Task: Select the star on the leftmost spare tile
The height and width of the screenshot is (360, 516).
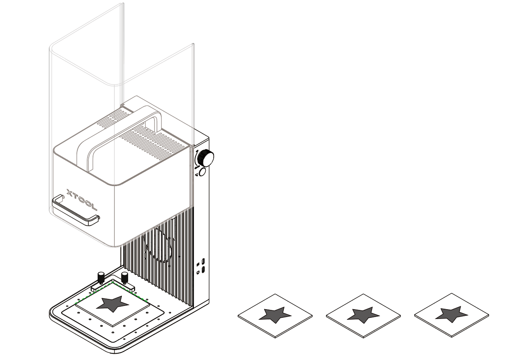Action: point(276,314)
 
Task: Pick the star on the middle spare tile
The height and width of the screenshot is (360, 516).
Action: point(363,314)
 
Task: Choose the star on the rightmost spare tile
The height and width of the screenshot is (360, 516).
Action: point(452,314)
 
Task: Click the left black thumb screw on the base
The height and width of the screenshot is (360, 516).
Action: point(101,277)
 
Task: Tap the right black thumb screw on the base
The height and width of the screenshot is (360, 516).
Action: point(125,277)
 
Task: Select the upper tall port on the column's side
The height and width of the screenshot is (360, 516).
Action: point(203,261)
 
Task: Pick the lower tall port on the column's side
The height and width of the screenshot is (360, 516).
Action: point(203,270)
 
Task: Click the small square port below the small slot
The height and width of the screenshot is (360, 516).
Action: point(198,272)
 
